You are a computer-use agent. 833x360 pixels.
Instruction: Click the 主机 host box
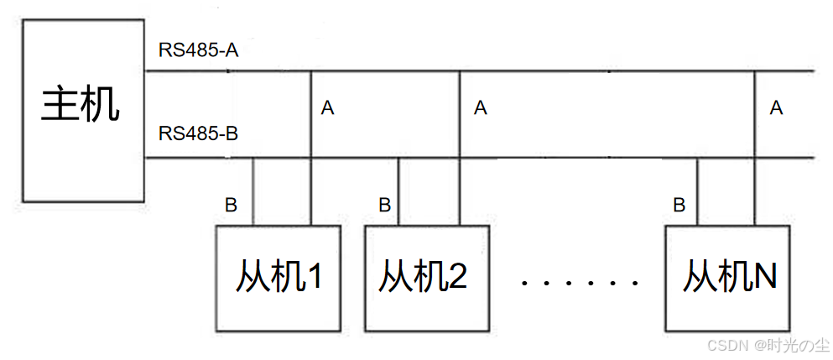[x=83, y=110]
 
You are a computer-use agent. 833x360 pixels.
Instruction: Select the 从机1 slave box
[x=279, y=278]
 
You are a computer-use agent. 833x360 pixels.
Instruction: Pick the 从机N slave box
[x=727, y=278]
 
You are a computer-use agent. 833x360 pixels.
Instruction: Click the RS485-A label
[x=199, y=50]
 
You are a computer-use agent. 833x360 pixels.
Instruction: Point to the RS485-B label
[x=199, y=133]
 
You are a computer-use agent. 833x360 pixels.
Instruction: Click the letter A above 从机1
[x=328, y=108]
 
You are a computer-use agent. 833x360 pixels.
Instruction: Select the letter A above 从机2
[x=480, y=108]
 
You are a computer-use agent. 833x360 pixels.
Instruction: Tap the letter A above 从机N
[x=776, y=108]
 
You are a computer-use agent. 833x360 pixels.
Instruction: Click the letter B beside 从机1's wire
[x=231, y=204]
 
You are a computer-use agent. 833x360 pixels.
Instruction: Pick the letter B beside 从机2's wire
[x=384, y=204]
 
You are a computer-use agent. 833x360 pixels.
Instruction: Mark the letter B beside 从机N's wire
[x=679, y=204]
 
